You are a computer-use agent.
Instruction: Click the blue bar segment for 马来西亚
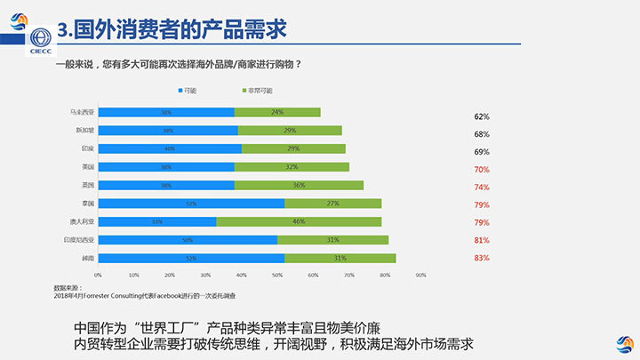165,112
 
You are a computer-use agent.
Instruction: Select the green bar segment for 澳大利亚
299,221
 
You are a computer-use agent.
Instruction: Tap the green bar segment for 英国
299,185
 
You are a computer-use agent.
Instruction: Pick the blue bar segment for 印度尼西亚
188,240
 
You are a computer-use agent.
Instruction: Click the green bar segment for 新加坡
290,130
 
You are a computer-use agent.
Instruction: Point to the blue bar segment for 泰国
191,204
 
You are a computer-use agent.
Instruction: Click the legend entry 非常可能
257,91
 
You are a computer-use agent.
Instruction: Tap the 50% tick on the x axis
277,275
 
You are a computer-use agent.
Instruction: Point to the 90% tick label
420,275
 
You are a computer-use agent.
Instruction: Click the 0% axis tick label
98,275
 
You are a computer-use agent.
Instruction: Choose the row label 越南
86,258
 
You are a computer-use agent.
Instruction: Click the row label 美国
86,166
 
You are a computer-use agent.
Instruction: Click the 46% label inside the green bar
299,221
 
